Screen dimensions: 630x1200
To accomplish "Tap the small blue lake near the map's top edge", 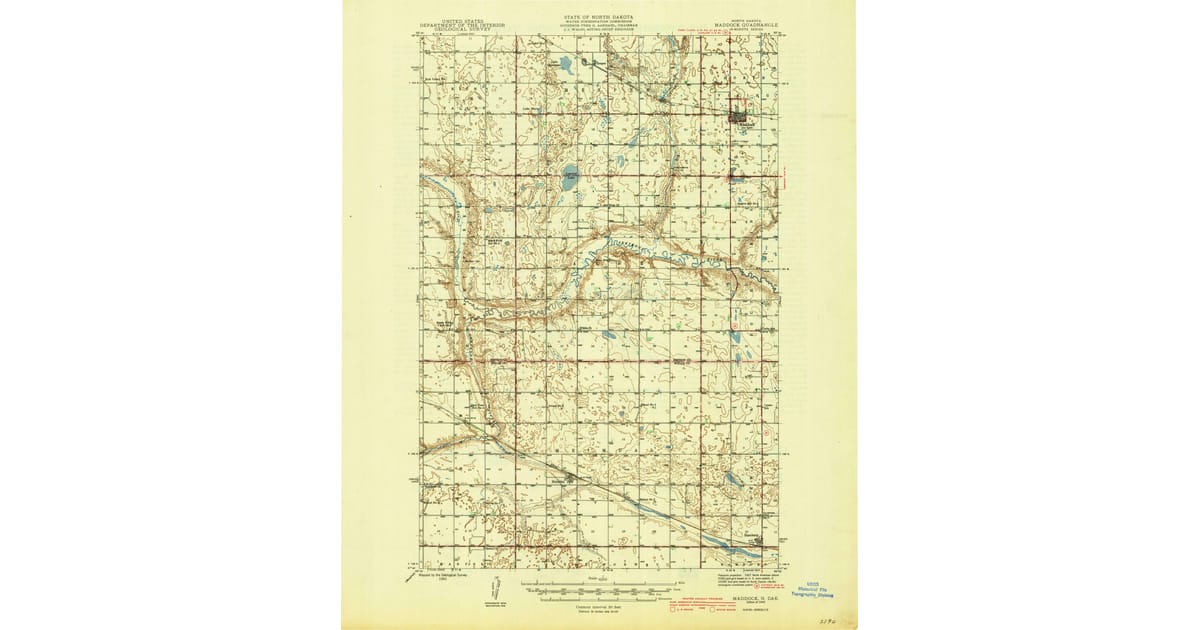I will [x=567, y=66].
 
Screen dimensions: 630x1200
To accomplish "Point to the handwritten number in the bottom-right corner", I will [x=826, y=621].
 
